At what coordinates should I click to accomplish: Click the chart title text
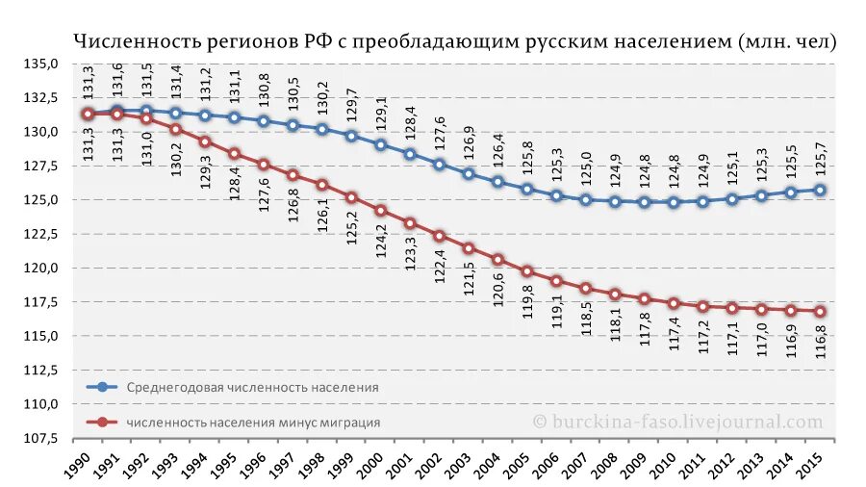coord(456,41)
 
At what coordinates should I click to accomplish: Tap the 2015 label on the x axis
coord(810,463)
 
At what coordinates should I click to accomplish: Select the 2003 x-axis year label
coord(459,463)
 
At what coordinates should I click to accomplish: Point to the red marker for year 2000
coord(381,210)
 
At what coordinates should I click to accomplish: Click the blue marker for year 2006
coord(556,195)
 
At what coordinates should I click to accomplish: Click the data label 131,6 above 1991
coord(117,79)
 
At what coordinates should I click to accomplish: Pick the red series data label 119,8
coord(527,303)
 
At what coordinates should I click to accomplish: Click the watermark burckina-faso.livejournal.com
coord(678,422)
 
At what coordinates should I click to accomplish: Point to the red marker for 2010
coord(674,303)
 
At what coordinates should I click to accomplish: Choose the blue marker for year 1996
coord(264,121)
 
